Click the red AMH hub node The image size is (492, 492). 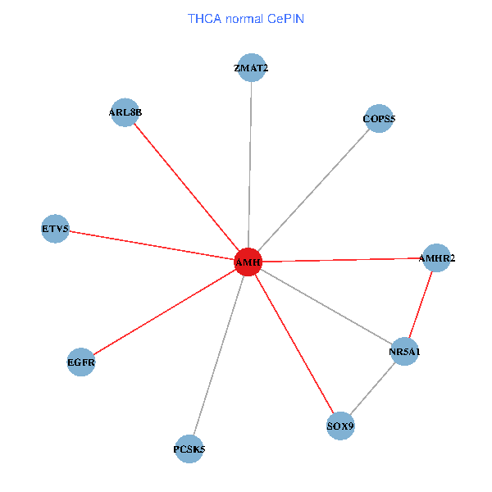click(248, 262)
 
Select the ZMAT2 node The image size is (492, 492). click(251, 68)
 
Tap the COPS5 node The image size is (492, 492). click(379, 119)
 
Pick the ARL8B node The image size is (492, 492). click(125, 112)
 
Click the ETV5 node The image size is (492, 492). click(55, 228)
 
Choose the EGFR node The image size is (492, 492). click(81, 362)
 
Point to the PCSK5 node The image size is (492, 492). click(189, 449)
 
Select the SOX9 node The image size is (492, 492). click(340, 426)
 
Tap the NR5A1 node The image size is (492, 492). click(405, 352)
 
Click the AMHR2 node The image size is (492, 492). click(436, 258)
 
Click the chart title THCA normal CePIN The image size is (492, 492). click(246, 18)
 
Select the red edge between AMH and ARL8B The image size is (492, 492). click(186, 187)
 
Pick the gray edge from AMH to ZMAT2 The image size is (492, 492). click(249, 164)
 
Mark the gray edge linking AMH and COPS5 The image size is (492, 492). click(313, 190)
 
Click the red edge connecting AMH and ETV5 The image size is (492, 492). click(152, 245)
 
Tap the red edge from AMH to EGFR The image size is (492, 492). click(164, 312)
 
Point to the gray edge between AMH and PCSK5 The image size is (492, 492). click(218, 356)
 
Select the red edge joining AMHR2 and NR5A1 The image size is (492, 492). click(421, 305)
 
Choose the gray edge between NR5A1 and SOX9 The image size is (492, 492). click(373, 389)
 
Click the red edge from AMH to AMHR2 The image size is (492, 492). click(342, 260)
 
